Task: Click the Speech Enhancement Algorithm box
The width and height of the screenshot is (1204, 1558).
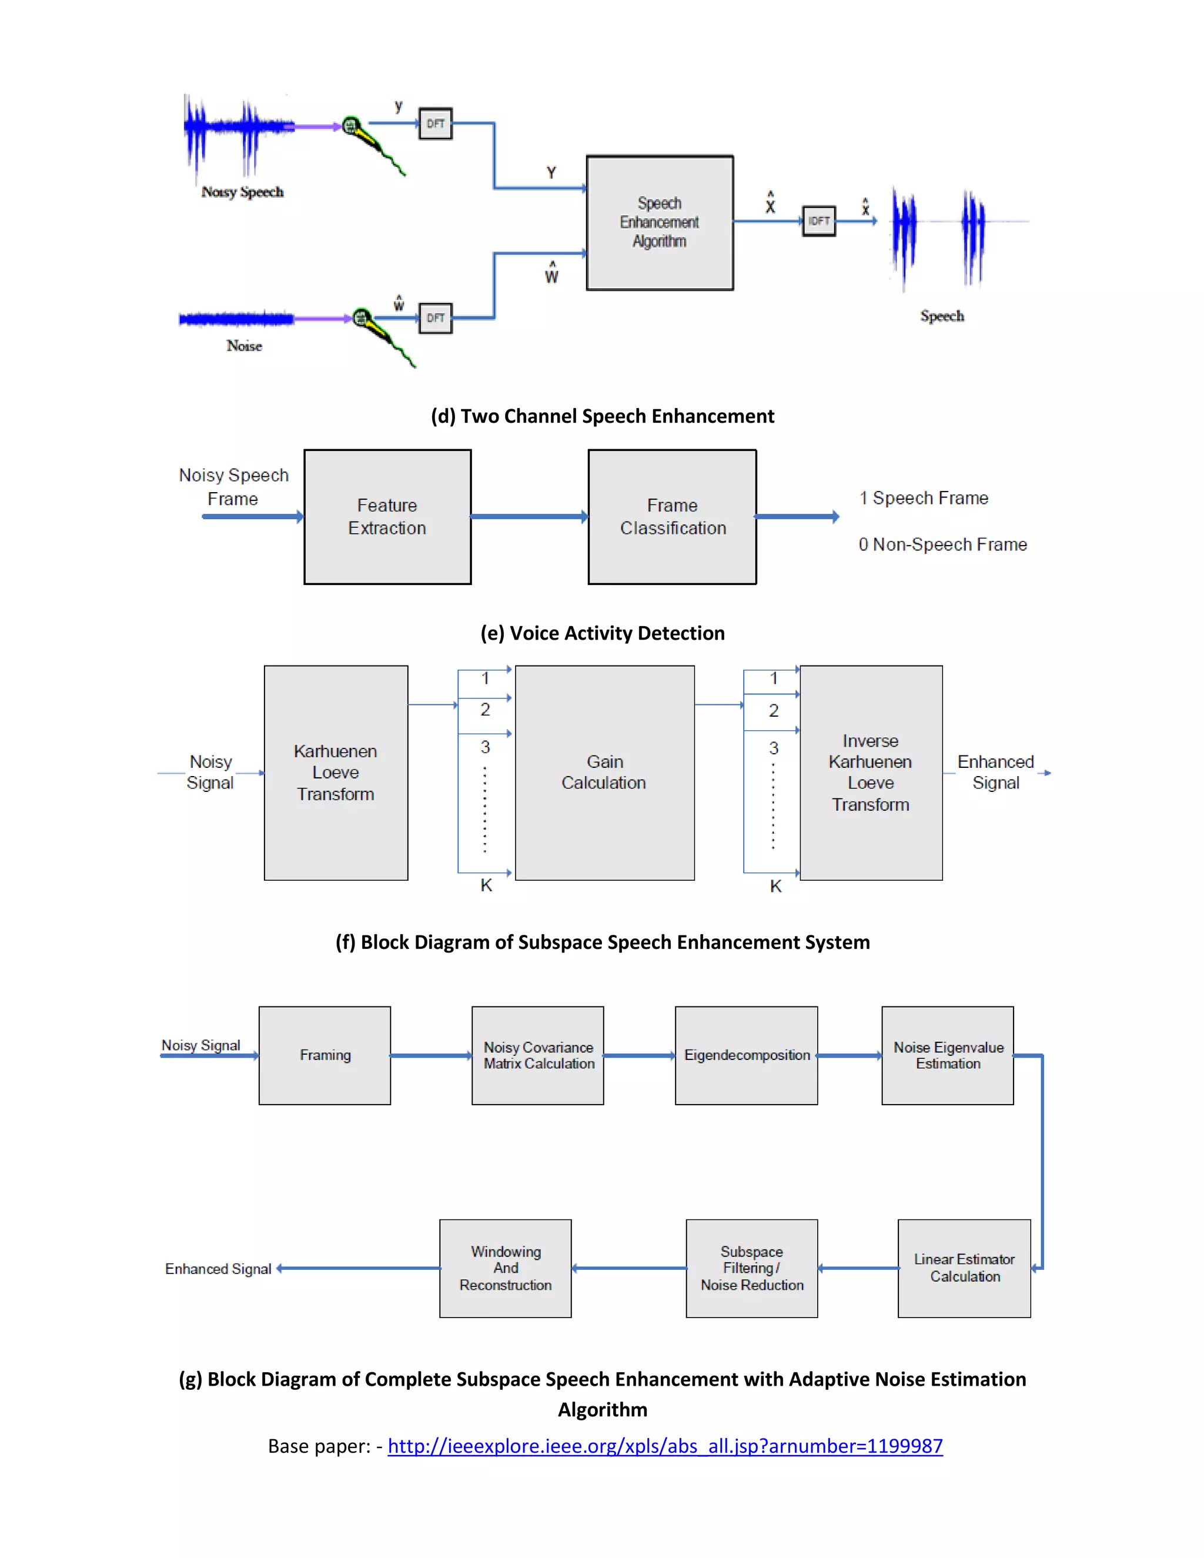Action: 659,223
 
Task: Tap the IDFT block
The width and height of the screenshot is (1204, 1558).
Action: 819,221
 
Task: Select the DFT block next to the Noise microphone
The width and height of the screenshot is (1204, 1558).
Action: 435,318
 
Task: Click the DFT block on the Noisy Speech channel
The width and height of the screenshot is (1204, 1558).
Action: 435,124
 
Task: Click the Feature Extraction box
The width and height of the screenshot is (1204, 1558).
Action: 387,516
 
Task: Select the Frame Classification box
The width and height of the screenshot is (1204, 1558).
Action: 672,516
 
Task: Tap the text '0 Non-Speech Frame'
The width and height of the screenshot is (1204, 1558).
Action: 942,544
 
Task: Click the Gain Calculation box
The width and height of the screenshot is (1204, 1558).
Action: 604,773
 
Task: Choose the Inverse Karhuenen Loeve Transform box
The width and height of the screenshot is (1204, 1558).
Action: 870,773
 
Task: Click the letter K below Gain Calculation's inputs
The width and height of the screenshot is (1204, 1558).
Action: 486,885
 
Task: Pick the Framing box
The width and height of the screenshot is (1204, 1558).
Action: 325,1055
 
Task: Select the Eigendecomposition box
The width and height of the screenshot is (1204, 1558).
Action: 746,1055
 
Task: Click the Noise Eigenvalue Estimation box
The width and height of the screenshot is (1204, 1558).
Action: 947,1055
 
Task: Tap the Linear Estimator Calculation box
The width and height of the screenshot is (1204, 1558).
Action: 964,1268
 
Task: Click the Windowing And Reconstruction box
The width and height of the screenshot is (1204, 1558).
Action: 505,1268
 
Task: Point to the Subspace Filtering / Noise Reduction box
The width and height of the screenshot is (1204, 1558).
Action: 751,1268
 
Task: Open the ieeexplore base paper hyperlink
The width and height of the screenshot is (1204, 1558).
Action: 665,1446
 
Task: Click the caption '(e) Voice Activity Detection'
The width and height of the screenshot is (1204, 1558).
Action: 602,633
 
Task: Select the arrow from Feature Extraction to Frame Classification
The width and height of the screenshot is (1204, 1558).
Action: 529,516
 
